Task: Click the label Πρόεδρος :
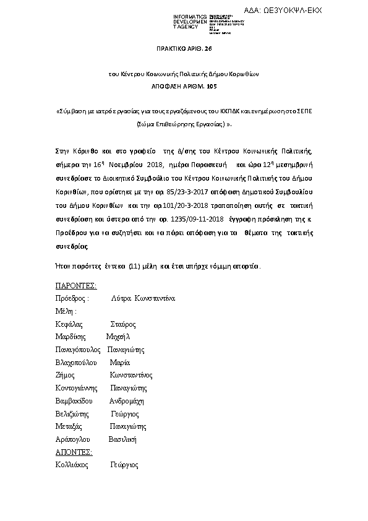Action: click(72, 298)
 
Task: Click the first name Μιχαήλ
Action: click(118, 337)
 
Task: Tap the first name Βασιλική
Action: click(122, 439)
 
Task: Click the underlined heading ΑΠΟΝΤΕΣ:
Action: click(74, 452)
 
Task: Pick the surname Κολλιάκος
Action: click(71, 465)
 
